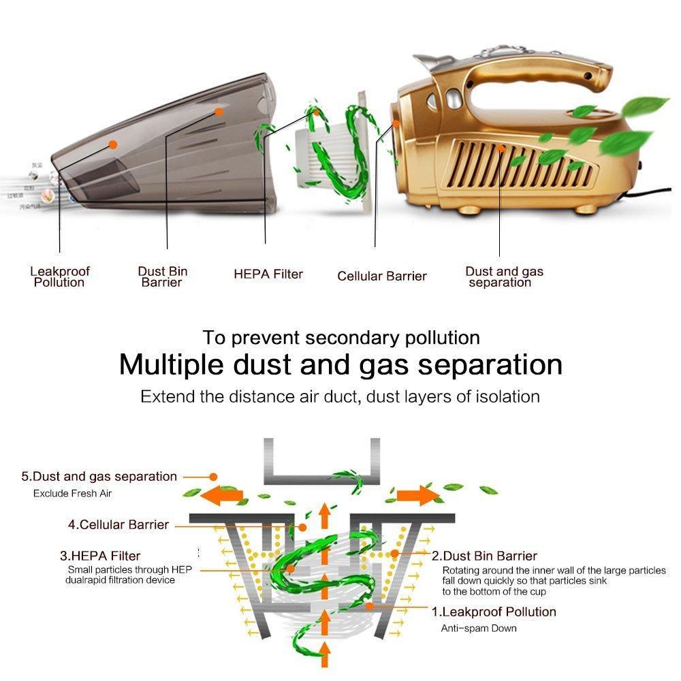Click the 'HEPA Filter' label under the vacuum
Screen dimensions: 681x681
pyautogui.click(x=268, y=274)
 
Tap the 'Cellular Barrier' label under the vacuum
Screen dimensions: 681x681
pyautogui.click(x=381, y=276)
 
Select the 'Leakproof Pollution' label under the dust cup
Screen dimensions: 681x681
pyautogui.click(x=59, y=276)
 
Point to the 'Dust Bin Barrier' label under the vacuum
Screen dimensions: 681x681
pyautogui.click(x=162, y=276)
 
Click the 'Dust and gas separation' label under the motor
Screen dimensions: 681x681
pyautogui.click(x=504, y=276)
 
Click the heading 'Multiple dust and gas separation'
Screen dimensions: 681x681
pyautogui.click(x=340, y=364)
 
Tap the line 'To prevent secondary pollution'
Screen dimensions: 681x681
pyautogui.click(x=340, y=337)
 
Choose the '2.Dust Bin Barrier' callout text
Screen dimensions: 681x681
pyautogui.click(x=484, y=556)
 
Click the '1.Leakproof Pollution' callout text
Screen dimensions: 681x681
pyautogui.click(x=493, y=612)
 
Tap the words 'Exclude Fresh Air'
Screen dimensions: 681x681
pyautogui.click(x=72, y=494)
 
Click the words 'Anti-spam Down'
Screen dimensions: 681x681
pyautogui.click(x=478, y=628)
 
